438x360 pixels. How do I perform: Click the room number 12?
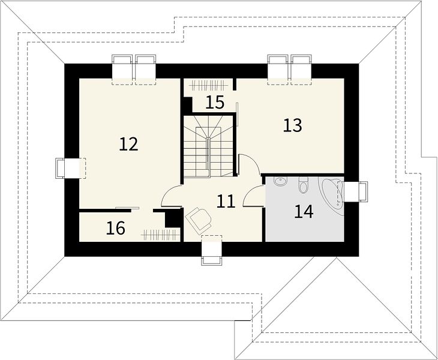128,144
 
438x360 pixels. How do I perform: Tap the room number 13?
292,125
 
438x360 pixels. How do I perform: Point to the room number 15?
215,102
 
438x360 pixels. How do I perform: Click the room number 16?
116,228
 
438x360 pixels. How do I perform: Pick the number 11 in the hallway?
226,202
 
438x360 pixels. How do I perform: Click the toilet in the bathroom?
303,185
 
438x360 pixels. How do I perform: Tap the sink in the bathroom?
280,181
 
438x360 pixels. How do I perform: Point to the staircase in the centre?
209,146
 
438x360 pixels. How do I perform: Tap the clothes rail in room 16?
160,235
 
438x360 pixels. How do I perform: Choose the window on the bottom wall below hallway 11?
212,250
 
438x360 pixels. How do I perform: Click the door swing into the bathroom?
253,196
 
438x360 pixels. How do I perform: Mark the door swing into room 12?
171,196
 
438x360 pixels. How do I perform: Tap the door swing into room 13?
250,164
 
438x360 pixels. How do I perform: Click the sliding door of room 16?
127,208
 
